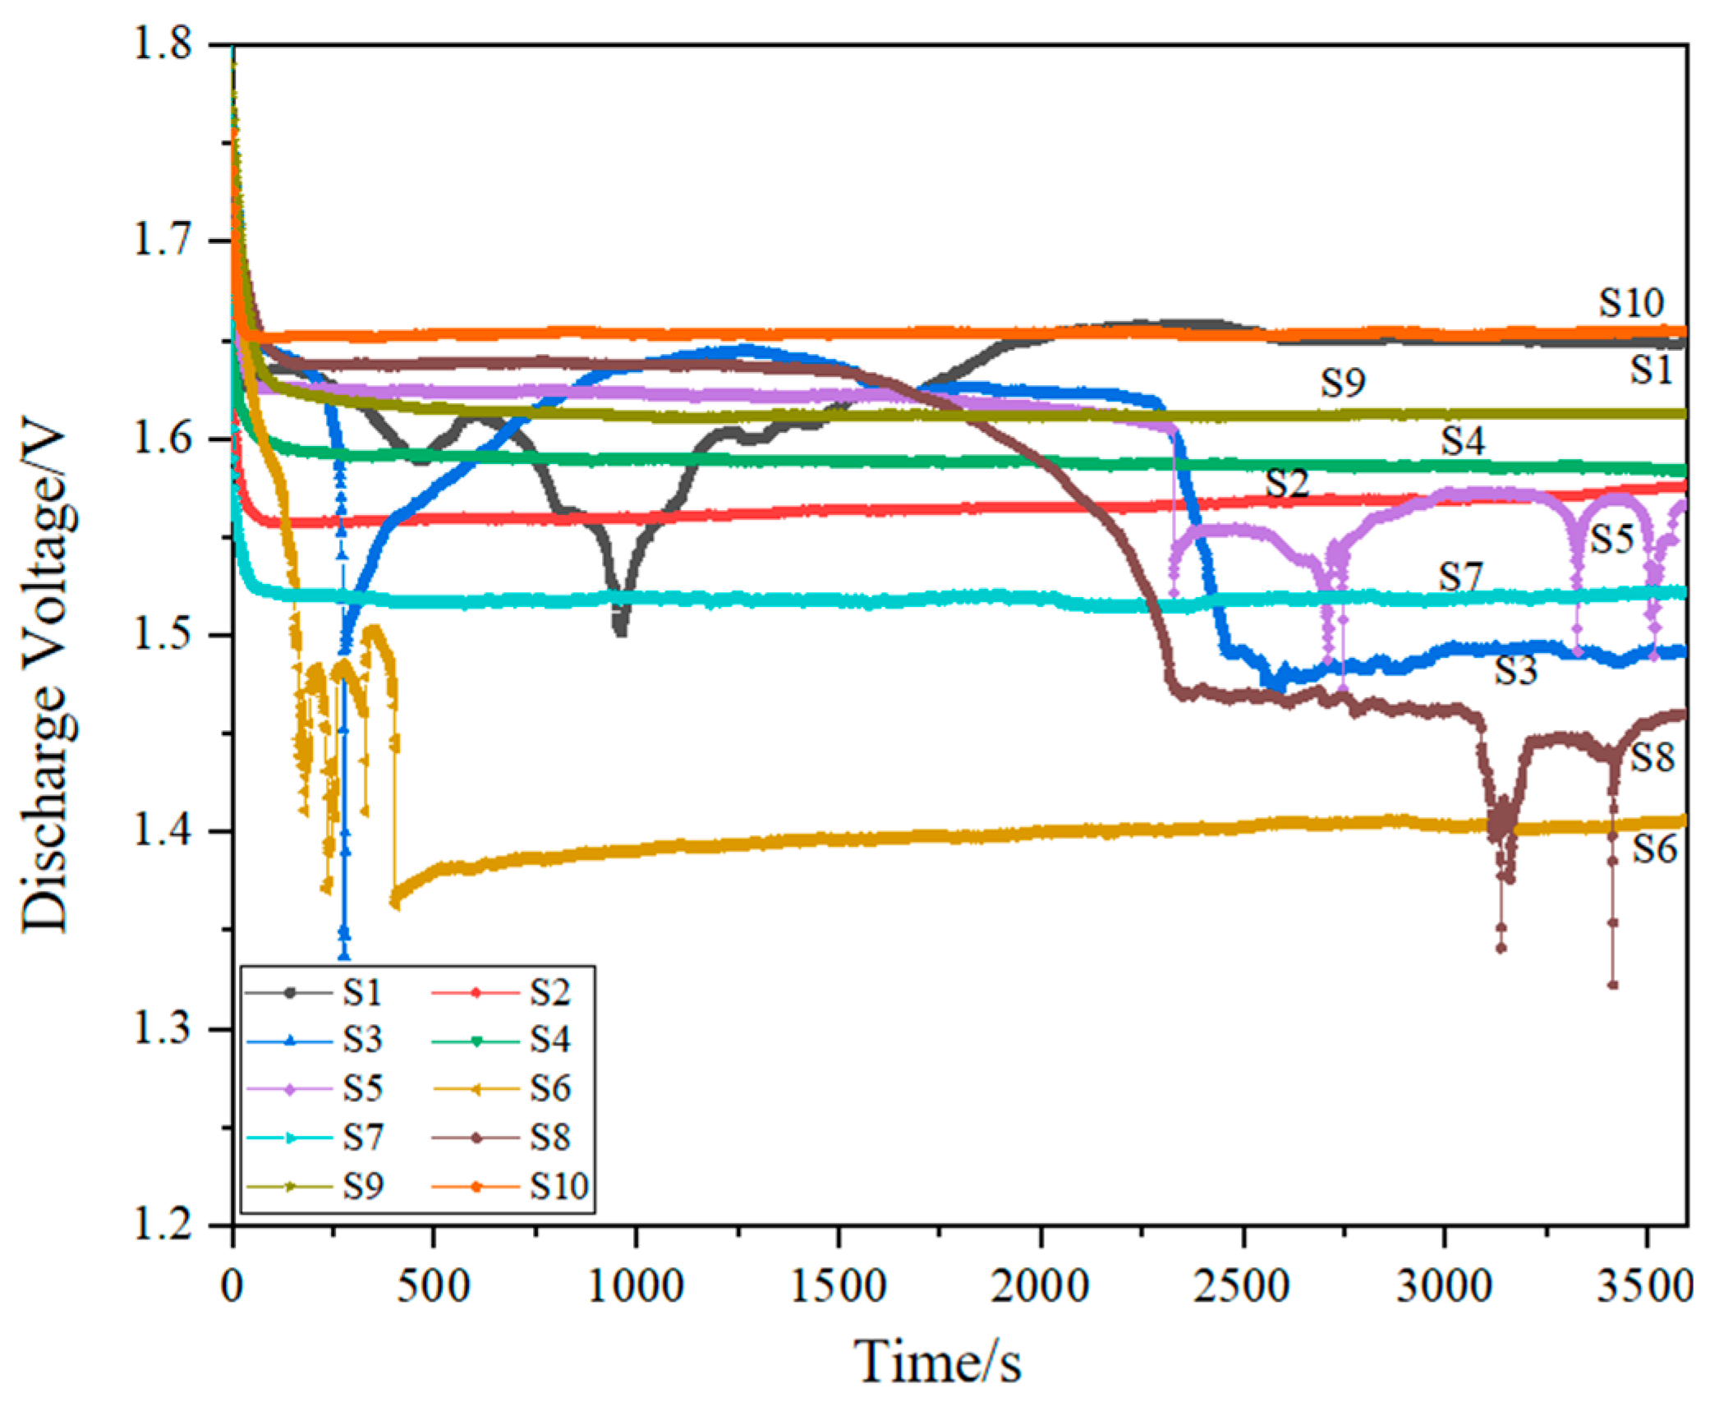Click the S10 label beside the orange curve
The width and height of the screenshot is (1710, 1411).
[x=1630, y=304]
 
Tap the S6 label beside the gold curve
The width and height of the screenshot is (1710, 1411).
[x=1653, y=849]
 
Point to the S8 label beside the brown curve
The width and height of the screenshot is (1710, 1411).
[x=1652, y=758]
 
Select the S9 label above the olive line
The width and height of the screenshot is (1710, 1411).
[x=1343, y=384]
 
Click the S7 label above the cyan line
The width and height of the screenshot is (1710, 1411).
[x=1459, y=577]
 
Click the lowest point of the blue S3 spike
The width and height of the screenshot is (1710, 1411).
[x=344, y=955]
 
